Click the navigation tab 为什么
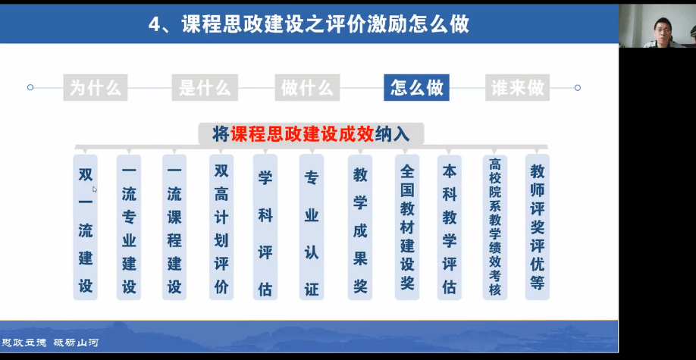96,87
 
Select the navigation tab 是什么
205,87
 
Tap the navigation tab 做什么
307,87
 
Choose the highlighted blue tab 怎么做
416,87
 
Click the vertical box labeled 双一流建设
86,227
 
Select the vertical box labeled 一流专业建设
129,227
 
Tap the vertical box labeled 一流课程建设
174,227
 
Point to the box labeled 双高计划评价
221,227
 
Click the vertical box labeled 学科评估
265,227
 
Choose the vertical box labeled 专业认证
312,227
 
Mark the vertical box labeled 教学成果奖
360,227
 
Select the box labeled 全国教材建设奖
407,227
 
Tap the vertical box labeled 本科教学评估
450,227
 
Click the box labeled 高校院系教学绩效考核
495,227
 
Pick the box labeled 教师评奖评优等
538,227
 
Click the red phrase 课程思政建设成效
303,134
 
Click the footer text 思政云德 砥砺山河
50,343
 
